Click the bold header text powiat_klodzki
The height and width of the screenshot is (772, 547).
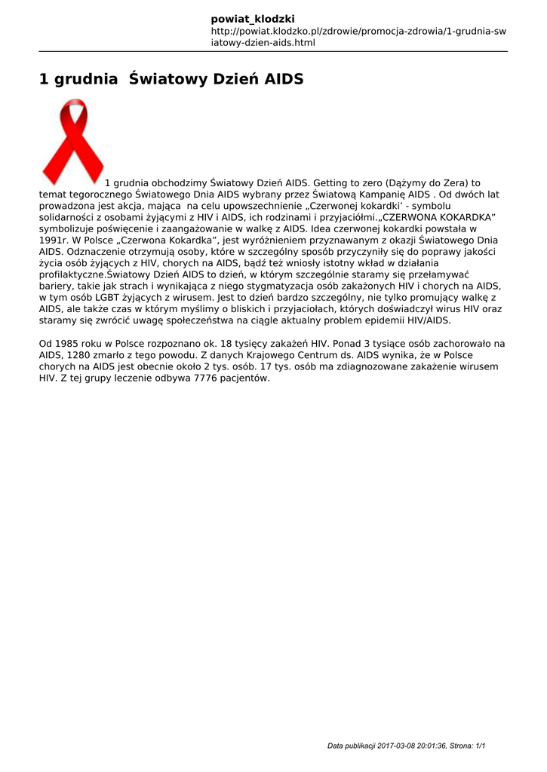tap(253, 18)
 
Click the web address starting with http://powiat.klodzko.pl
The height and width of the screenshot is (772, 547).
tap(358, 37)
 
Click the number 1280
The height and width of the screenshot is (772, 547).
tap(83, 354)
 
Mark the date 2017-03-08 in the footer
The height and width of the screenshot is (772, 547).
tap(403, 746)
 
